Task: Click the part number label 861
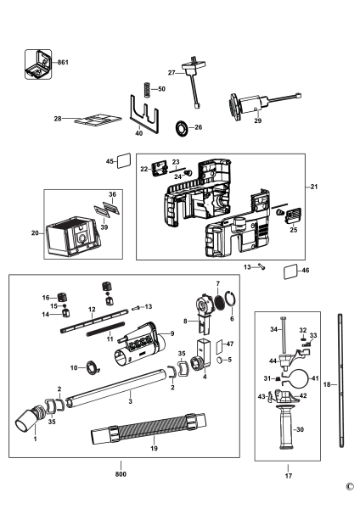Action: coord(63,62)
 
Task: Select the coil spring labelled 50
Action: coord(147,89)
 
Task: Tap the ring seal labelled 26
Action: coord(182,127)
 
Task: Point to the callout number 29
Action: coord(257,120)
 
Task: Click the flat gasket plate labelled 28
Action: coord(98,120)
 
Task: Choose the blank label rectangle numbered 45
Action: coord(124,161)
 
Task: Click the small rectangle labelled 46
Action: coord(290,271)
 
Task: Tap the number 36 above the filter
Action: coord(112,194)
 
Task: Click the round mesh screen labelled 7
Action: coord(221,302)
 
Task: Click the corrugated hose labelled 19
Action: coord(148,428)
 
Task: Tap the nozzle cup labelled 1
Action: coord(29,419)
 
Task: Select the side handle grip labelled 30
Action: coord(286,427)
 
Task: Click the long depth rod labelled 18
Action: coord(340,380)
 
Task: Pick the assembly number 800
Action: coord(121,474)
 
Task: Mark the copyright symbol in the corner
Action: coord(350,487)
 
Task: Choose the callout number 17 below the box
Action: coord(289,476)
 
